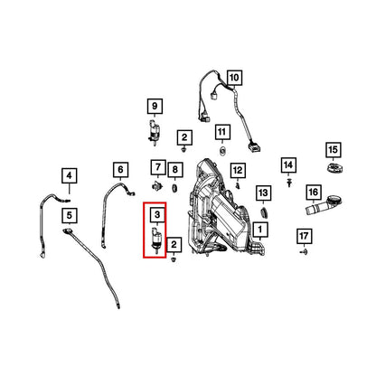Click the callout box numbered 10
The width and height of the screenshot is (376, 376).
234,78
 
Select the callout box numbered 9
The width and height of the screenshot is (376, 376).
155,106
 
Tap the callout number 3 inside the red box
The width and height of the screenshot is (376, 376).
157,214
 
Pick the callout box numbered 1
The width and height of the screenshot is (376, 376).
260,230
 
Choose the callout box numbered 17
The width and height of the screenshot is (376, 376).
304,236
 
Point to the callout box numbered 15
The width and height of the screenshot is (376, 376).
334,150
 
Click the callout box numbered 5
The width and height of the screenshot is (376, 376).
70,215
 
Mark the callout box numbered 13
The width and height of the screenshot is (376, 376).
263,193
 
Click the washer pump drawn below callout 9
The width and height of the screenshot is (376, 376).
155,133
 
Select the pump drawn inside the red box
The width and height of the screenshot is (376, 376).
157,240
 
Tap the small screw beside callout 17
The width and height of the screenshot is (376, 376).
304,251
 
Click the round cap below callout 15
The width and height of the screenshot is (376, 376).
334,167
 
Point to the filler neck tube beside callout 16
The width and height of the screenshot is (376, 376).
323,204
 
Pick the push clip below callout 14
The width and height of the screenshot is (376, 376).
289,183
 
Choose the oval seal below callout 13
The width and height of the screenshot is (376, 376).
264,212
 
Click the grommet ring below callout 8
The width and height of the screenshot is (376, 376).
174,189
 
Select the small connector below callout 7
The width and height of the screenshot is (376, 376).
157,186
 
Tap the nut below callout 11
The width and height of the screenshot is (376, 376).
222,149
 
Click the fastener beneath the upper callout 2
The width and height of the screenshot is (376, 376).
183,149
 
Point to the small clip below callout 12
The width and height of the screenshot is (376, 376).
238,186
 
